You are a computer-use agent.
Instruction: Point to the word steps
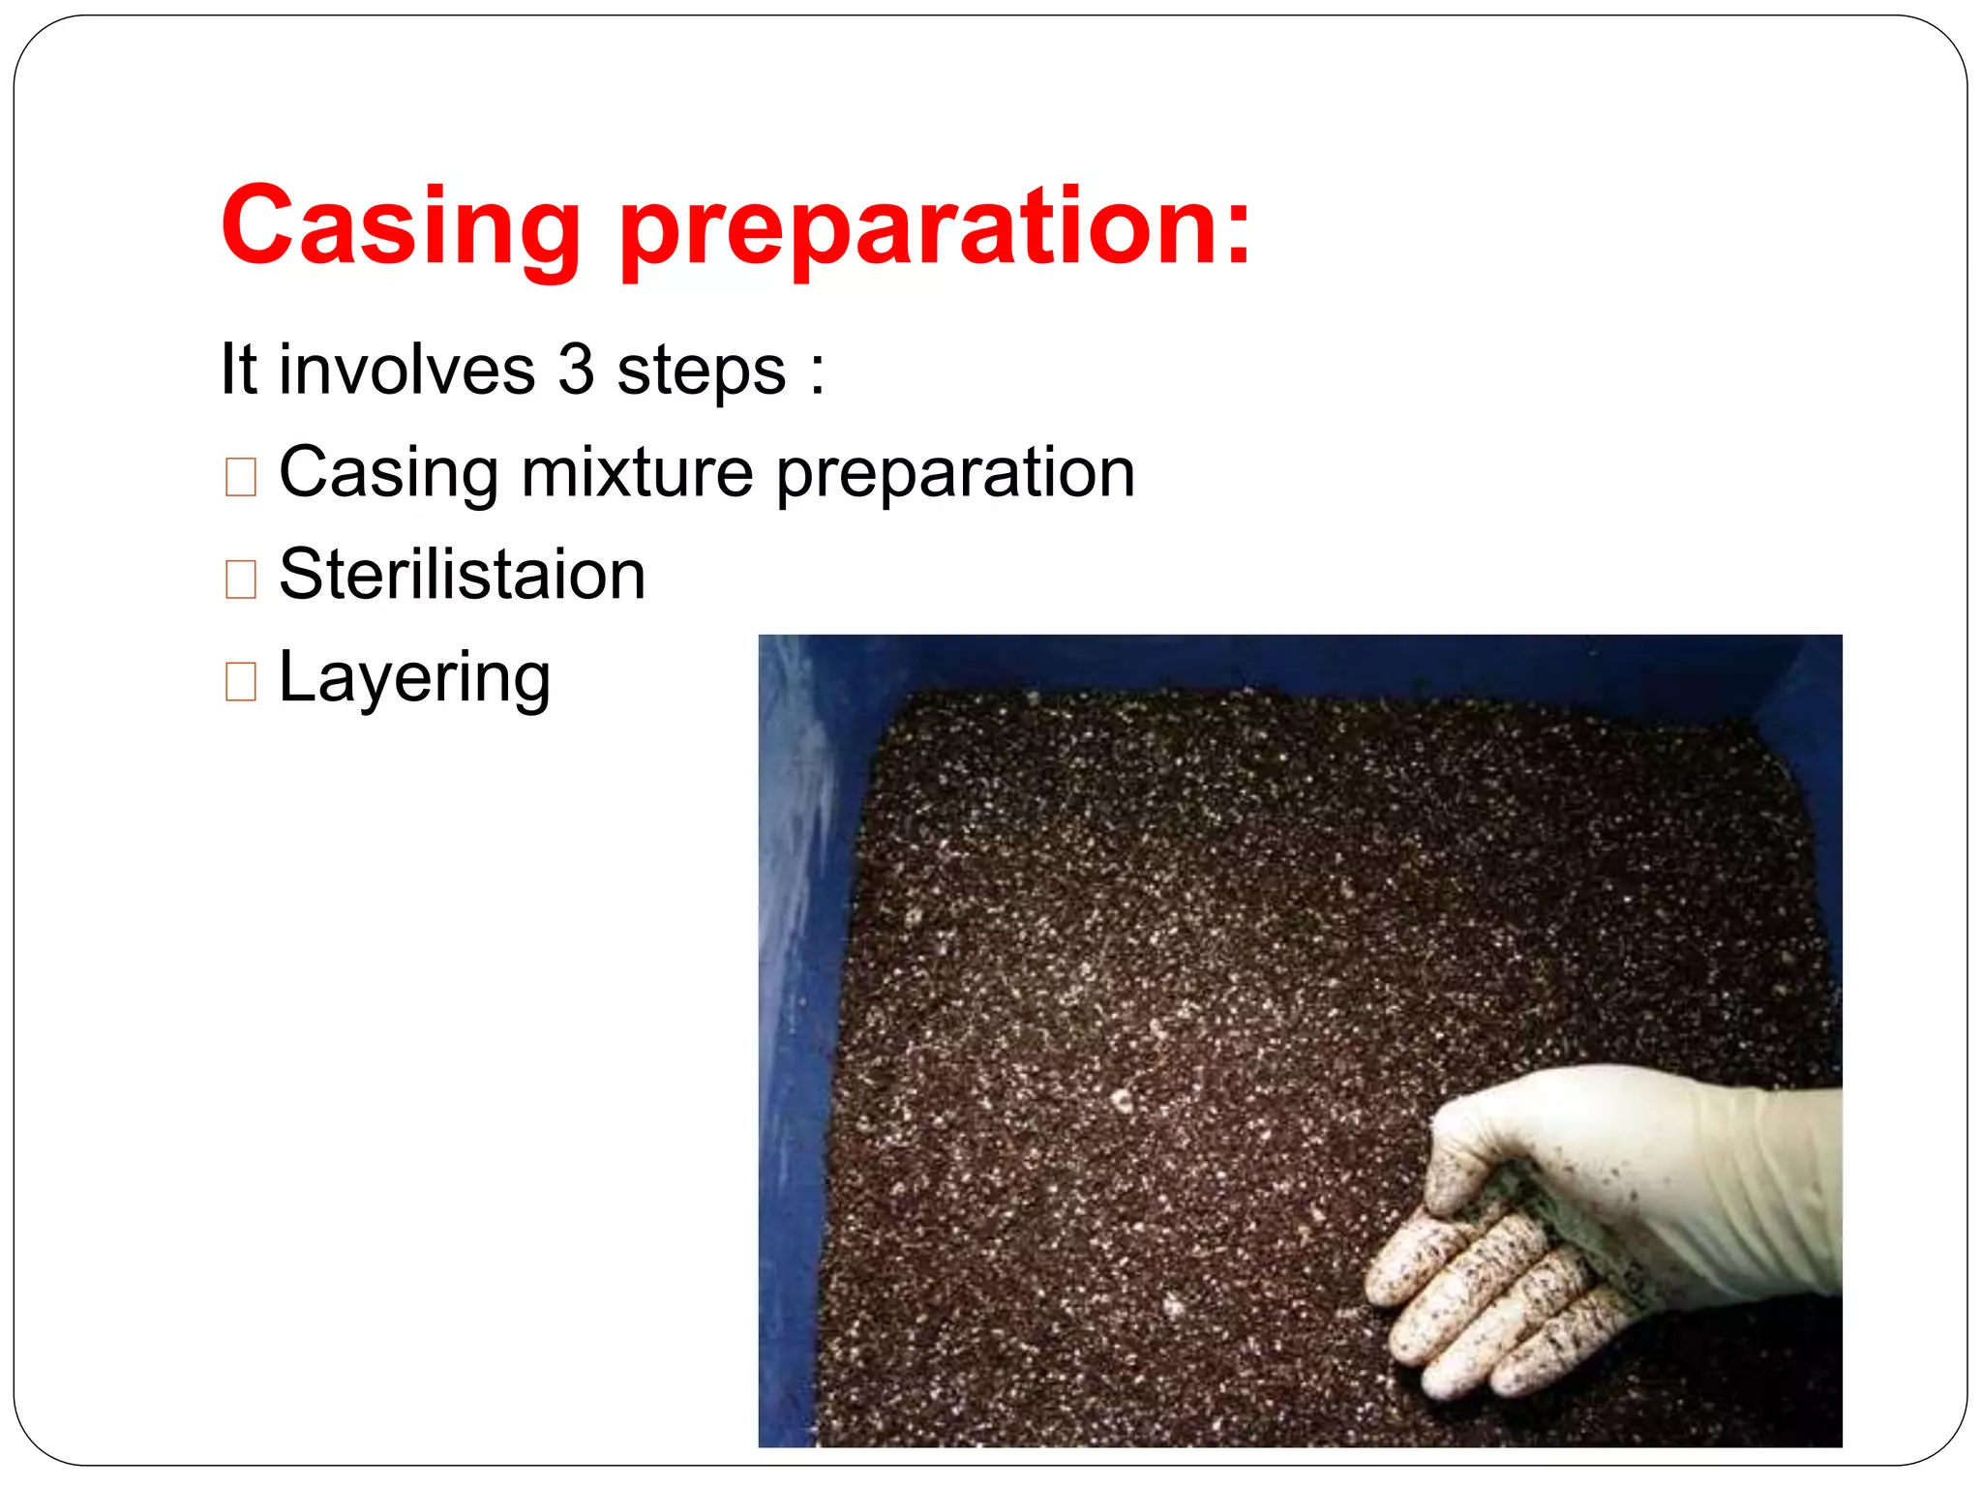point(702,373)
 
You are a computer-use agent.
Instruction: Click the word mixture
point(637,473)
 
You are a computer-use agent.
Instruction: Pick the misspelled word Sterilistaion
point(462,575)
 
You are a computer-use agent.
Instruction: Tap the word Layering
point(414,679)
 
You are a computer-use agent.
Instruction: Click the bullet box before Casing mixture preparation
point(240,477)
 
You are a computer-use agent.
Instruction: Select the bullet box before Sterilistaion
point(240,580)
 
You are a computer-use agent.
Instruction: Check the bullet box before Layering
point(240,682)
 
